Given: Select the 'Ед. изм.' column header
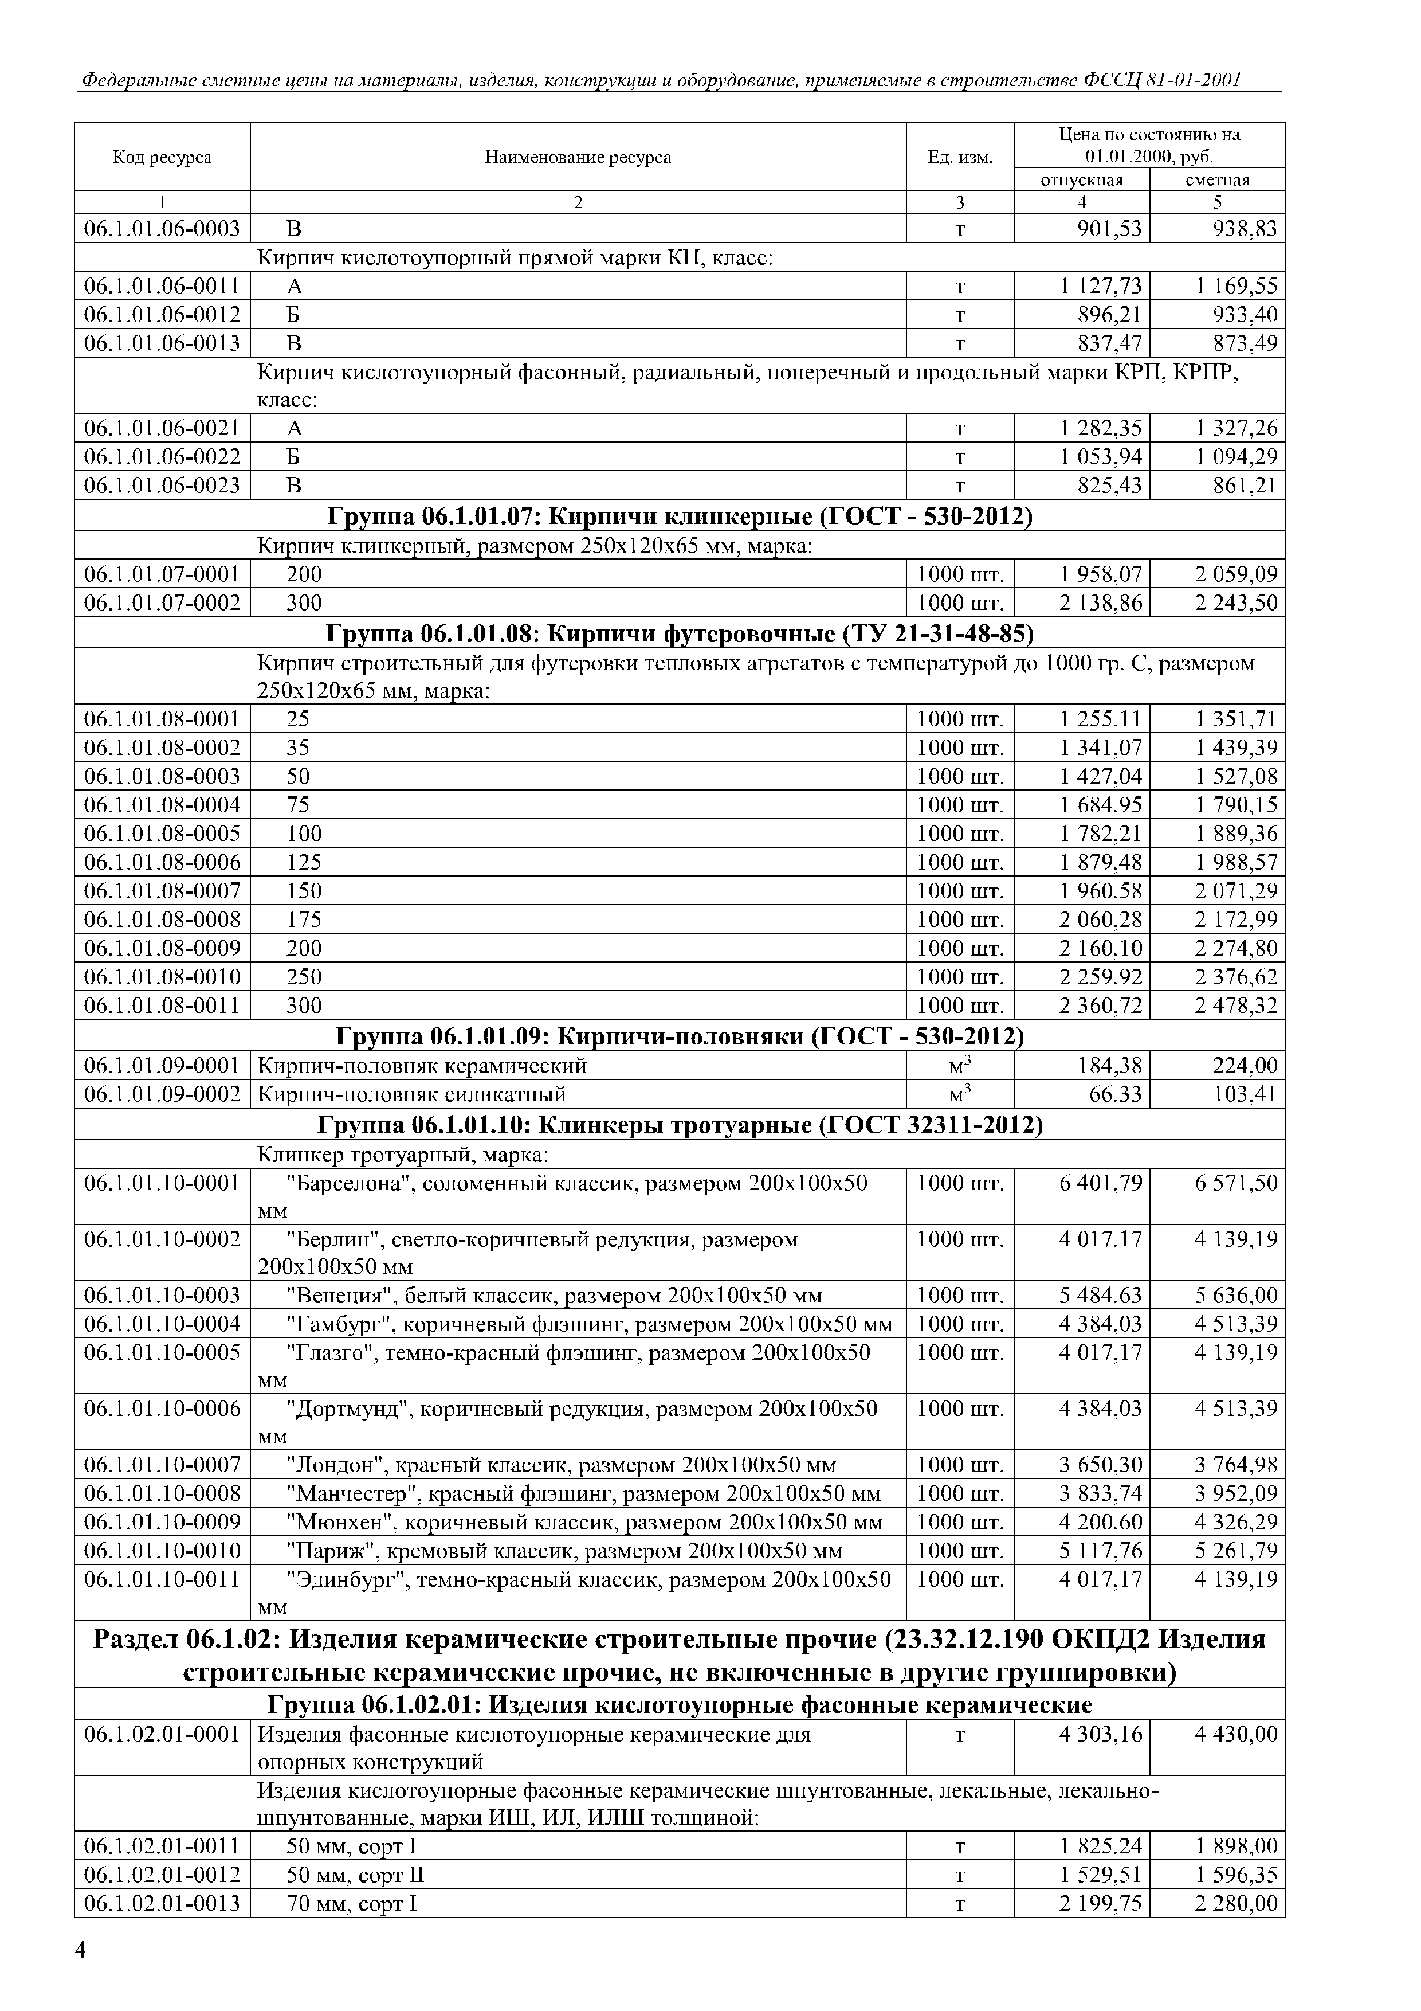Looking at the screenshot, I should coord(960,158).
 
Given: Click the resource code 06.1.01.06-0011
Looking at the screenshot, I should coord(162,285).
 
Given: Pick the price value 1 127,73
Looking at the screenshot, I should coord(1101,285).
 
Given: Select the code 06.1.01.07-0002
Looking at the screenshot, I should coord(162,602).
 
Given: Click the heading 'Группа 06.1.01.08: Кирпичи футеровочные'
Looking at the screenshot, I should coord(680,632).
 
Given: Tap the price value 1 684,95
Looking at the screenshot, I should coord(1101,804).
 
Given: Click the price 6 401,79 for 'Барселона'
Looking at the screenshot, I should coord(1101,1183).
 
